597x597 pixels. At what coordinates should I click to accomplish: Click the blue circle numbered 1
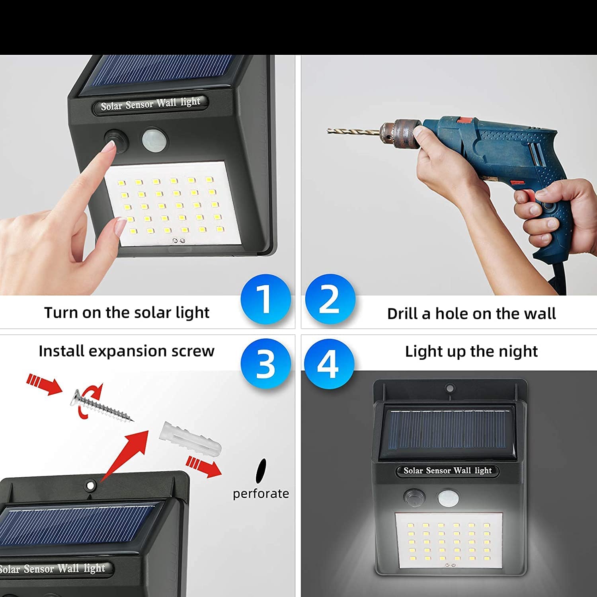click(265, 298)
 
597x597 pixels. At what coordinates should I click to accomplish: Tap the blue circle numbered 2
click(330, 298)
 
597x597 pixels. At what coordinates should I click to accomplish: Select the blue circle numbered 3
click(265, 363)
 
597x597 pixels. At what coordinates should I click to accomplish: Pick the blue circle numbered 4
click(329, 363)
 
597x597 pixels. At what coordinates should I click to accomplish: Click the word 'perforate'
click(261, 494)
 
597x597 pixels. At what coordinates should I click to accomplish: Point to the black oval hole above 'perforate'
click(261, 470)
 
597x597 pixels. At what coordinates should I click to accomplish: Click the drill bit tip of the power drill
click(329, 130)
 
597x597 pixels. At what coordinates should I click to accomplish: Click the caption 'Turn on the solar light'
click(127, 313)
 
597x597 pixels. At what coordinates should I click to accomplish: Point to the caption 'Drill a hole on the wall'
click(471, 314)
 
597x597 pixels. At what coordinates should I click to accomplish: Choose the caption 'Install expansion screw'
click(127, 351)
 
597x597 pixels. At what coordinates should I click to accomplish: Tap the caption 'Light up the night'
click(471, 351)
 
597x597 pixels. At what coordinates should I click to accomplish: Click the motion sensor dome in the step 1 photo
click(154, 139)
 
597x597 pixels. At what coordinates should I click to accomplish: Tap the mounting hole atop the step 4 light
click(450, 388)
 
